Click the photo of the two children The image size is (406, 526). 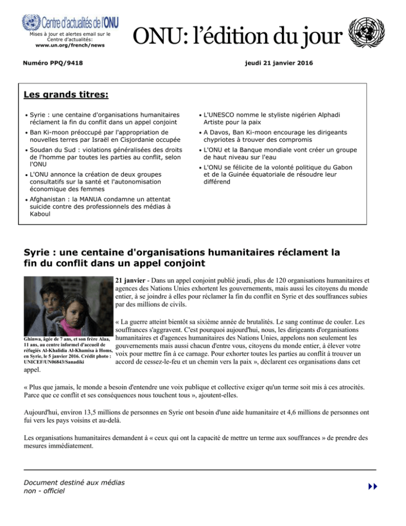point(66,306)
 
